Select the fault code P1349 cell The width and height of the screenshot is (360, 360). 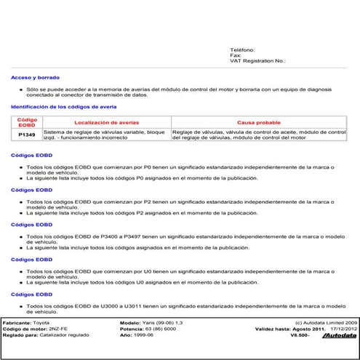click(x=27, y=134)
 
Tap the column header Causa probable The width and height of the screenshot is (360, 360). click(x=259, y=122)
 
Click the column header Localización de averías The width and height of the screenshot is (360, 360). click(x=105, y=122)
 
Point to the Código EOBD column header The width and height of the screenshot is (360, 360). click(x=27, y=121)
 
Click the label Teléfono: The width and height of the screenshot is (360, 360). click(x=242, y=49)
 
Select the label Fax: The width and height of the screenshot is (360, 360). click(x=235, y=55)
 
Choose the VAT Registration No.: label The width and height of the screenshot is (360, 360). click(x=257, y=61)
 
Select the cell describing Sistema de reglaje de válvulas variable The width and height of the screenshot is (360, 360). click(x=105, y=134)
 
